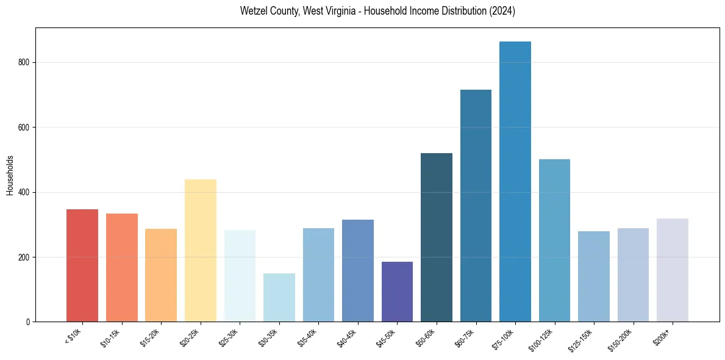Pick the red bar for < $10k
point(82,265)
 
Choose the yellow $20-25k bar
point(200,250)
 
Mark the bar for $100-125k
point(554,240)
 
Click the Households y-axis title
point(10,175)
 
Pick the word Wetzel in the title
point(252,12)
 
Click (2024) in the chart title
point(502,12)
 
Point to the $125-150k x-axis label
point(581,340)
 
